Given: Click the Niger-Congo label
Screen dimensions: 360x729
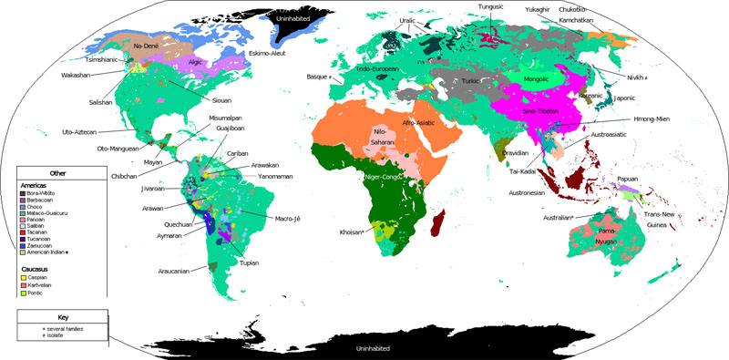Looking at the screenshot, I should click(384, 176).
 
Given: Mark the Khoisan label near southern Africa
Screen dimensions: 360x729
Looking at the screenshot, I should click(352, 231).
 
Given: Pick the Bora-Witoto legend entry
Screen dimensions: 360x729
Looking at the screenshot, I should click(46, 193).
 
